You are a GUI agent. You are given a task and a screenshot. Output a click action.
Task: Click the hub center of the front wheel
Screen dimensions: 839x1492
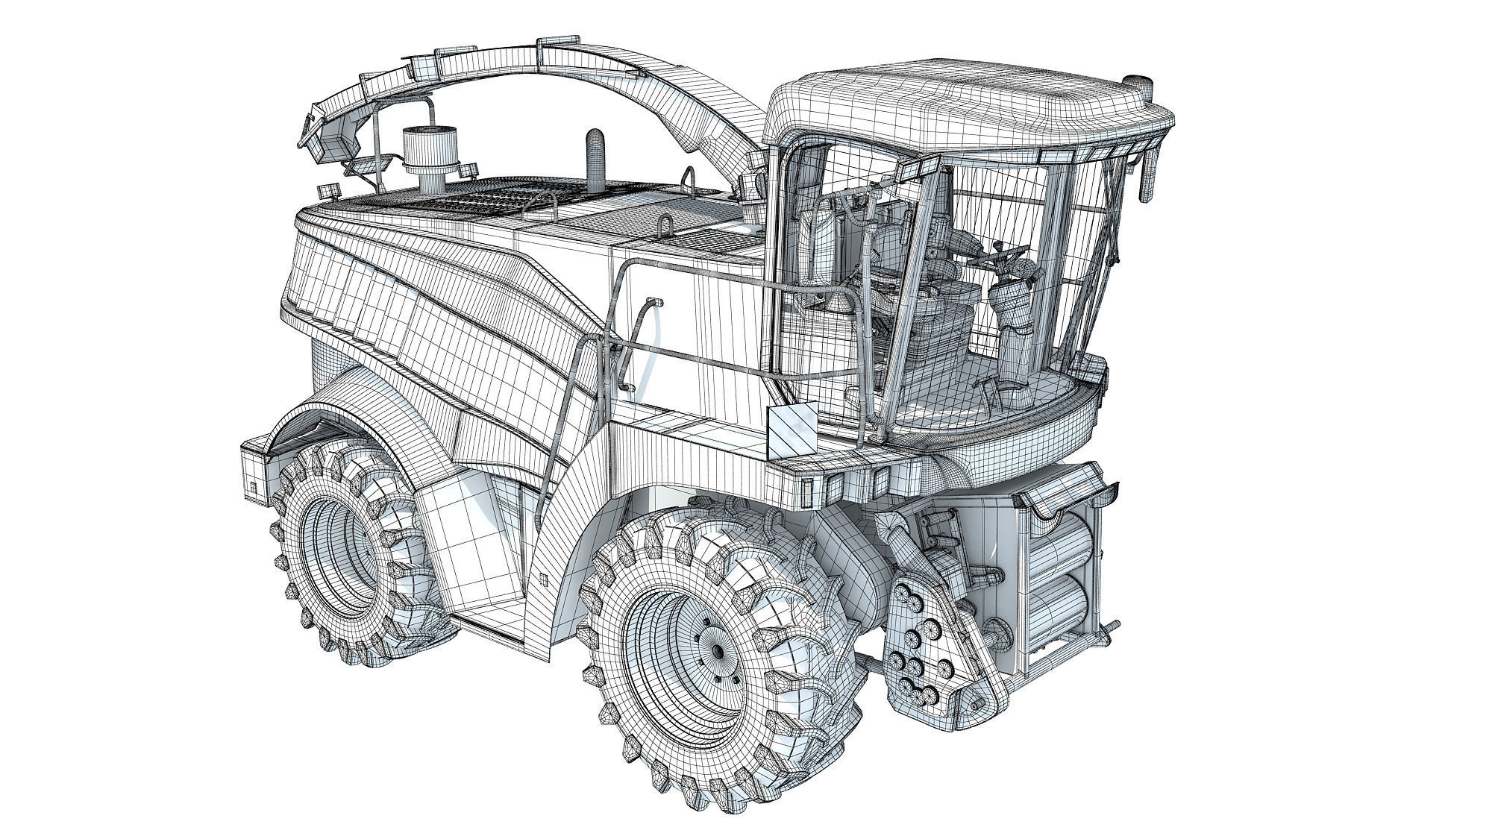coord(717,651)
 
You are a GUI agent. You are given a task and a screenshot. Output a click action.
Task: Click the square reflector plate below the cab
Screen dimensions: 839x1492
coord(791,433)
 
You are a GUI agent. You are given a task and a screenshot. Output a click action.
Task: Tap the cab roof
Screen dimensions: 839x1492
coord(962,112)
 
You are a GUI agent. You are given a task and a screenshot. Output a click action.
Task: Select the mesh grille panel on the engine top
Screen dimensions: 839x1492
coord(477,205)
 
